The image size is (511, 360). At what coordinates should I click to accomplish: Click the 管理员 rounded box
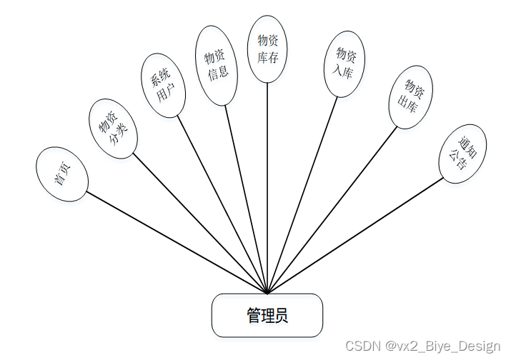(267, 315)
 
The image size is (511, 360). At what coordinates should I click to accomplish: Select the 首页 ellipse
(62, 174)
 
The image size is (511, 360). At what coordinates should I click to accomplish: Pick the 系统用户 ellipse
(162, 89)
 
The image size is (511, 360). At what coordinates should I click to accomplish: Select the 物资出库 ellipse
(410, 97)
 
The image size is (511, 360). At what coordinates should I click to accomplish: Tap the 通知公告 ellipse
(463, 154)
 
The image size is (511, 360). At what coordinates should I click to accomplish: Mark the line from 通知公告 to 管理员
(356, 236)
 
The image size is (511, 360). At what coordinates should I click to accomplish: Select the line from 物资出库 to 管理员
(332, 211)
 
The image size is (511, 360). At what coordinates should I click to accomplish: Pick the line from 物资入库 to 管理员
(302, 194)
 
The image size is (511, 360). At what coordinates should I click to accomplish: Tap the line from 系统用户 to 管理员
(222, 204)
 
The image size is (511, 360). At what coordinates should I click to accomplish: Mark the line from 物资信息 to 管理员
(247, 199)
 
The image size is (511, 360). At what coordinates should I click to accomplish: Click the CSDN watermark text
(422, 346)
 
